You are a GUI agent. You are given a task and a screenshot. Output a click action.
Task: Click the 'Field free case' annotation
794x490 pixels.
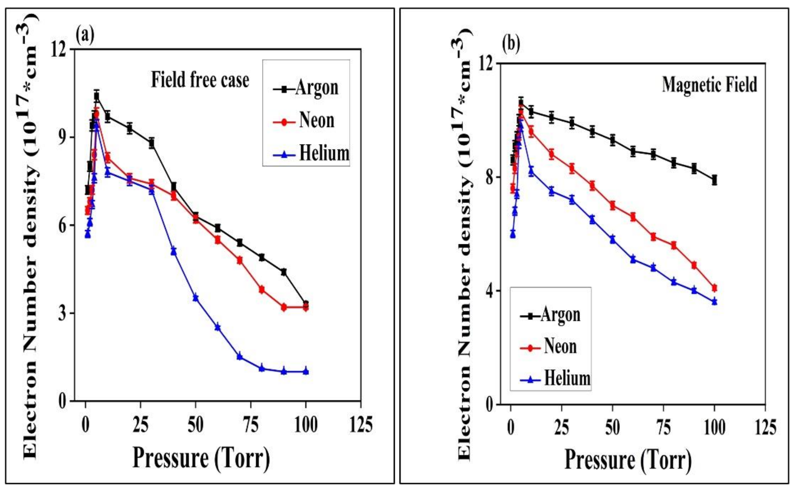point(200,80)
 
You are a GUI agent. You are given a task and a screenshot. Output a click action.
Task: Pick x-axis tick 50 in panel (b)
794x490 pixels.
point(612,427)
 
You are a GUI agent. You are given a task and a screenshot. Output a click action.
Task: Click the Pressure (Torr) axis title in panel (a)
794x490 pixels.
point(201,458)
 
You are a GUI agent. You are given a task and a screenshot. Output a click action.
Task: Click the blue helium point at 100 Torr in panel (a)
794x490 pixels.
point(306,371)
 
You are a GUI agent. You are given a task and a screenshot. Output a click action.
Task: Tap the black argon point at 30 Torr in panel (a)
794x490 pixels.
point(151,143)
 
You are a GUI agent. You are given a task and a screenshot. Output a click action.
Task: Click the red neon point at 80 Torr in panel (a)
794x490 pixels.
point(262,289)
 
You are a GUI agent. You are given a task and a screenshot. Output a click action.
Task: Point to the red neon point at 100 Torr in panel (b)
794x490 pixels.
point(714,288)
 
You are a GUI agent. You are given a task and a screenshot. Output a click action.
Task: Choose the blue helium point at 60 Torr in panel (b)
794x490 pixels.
point(633,259)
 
